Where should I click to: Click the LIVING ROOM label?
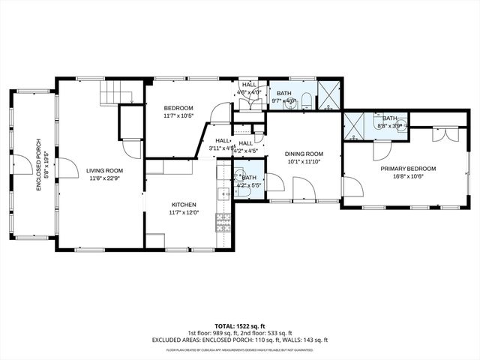click(104, 170)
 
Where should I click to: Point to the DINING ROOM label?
click(304, 154)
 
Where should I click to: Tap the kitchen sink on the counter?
click(222, 194)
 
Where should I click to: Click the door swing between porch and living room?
click(66, 168)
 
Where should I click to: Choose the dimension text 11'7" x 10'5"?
click(178, 115)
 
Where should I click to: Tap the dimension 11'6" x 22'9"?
click(104, 178)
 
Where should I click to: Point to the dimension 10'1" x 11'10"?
click(304, 162)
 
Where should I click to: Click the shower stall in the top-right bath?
click(328, 98)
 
